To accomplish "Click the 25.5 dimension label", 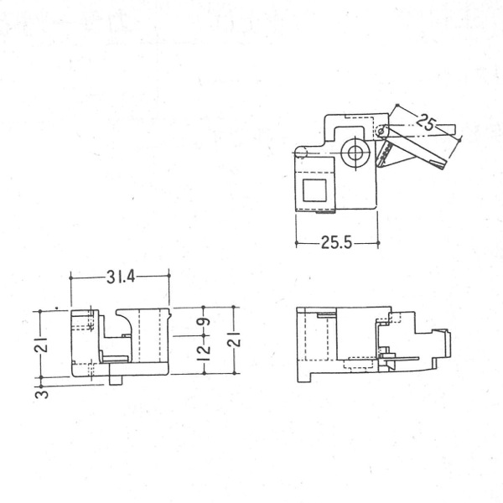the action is pyautogui.click(x=337, y=243).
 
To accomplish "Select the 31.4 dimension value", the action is pyautogui.click(x=121, y=277).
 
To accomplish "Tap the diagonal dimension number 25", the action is pyautogui.click(x=427, y=122).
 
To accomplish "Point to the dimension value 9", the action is pyautogui.click(x=205, y=321).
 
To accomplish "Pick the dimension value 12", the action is pyautogui.click(x=205, y=353).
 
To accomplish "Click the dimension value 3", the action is pyautogui.click(x=42, y=394).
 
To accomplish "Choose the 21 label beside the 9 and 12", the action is pyautogui.click(x=235, y=339).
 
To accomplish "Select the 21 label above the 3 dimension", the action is pyautogui.click(x=42, y=345).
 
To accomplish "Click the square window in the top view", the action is pyautogui.click(x=315, y=190).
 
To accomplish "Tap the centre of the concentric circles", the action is pyautogui.click(x=355, y=153).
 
